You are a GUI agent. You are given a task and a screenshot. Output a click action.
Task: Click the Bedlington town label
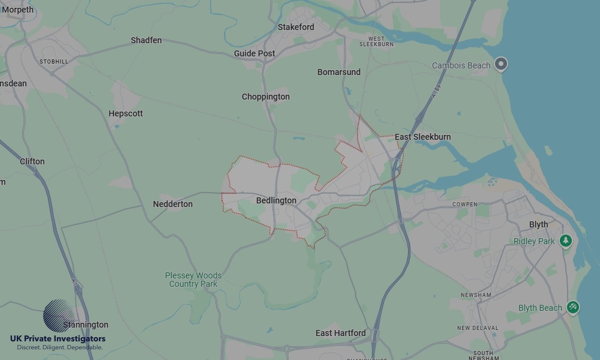(x=276, y=200)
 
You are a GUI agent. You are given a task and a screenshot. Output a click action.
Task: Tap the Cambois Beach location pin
(x=501, y=64)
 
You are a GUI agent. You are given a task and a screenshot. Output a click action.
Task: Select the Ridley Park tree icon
(x=565, y=241)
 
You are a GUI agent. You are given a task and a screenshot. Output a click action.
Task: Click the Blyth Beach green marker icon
(x=573, y=307)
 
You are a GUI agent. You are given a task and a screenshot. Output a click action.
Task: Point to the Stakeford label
(x=296, y=27)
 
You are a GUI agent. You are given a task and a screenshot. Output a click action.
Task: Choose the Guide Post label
(x=254, y=53)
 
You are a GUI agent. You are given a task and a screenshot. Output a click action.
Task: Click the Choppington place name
(x=266, y=97)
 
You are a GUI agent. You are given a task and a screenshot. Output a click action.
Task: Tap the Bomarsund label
(x=339, y=72)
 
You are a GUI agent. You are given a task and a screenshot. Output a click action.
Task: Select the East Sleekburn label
(x=422, y=137)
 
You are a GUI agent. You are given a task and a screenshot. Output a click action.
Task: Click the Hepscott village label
(x=125, y=113)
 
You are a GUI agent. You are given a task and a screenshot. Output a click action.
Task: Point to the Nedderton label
(x=173, y=204)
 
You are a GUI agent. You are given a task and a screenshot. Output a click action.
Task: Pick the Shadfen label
(x=146, y=40)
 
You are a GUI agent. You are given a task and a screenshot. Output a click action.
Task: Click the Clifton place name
(x=32, y=161)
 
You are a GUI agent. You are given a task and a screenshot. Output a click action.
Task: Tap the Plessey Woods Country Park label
(x=193, y=280)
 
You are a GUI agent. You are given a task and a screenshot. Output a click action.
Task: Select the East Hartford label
(x=340, y=333)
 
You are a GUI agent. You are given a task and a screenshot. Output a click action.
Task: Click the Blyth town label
(x=538, y=224)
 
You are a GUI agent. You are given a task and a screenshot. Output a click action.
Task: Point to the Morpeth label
(x=18, y=10)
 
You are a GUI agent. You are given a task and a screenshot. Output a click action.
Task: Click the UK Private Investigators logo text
(x=58, y=339)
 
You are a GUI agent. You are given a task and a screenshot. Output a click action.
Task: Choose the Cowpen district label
(x=465, y=205)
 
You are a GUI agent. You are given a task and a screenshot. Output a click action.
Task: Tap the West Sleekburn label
(x=376, y=41)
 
